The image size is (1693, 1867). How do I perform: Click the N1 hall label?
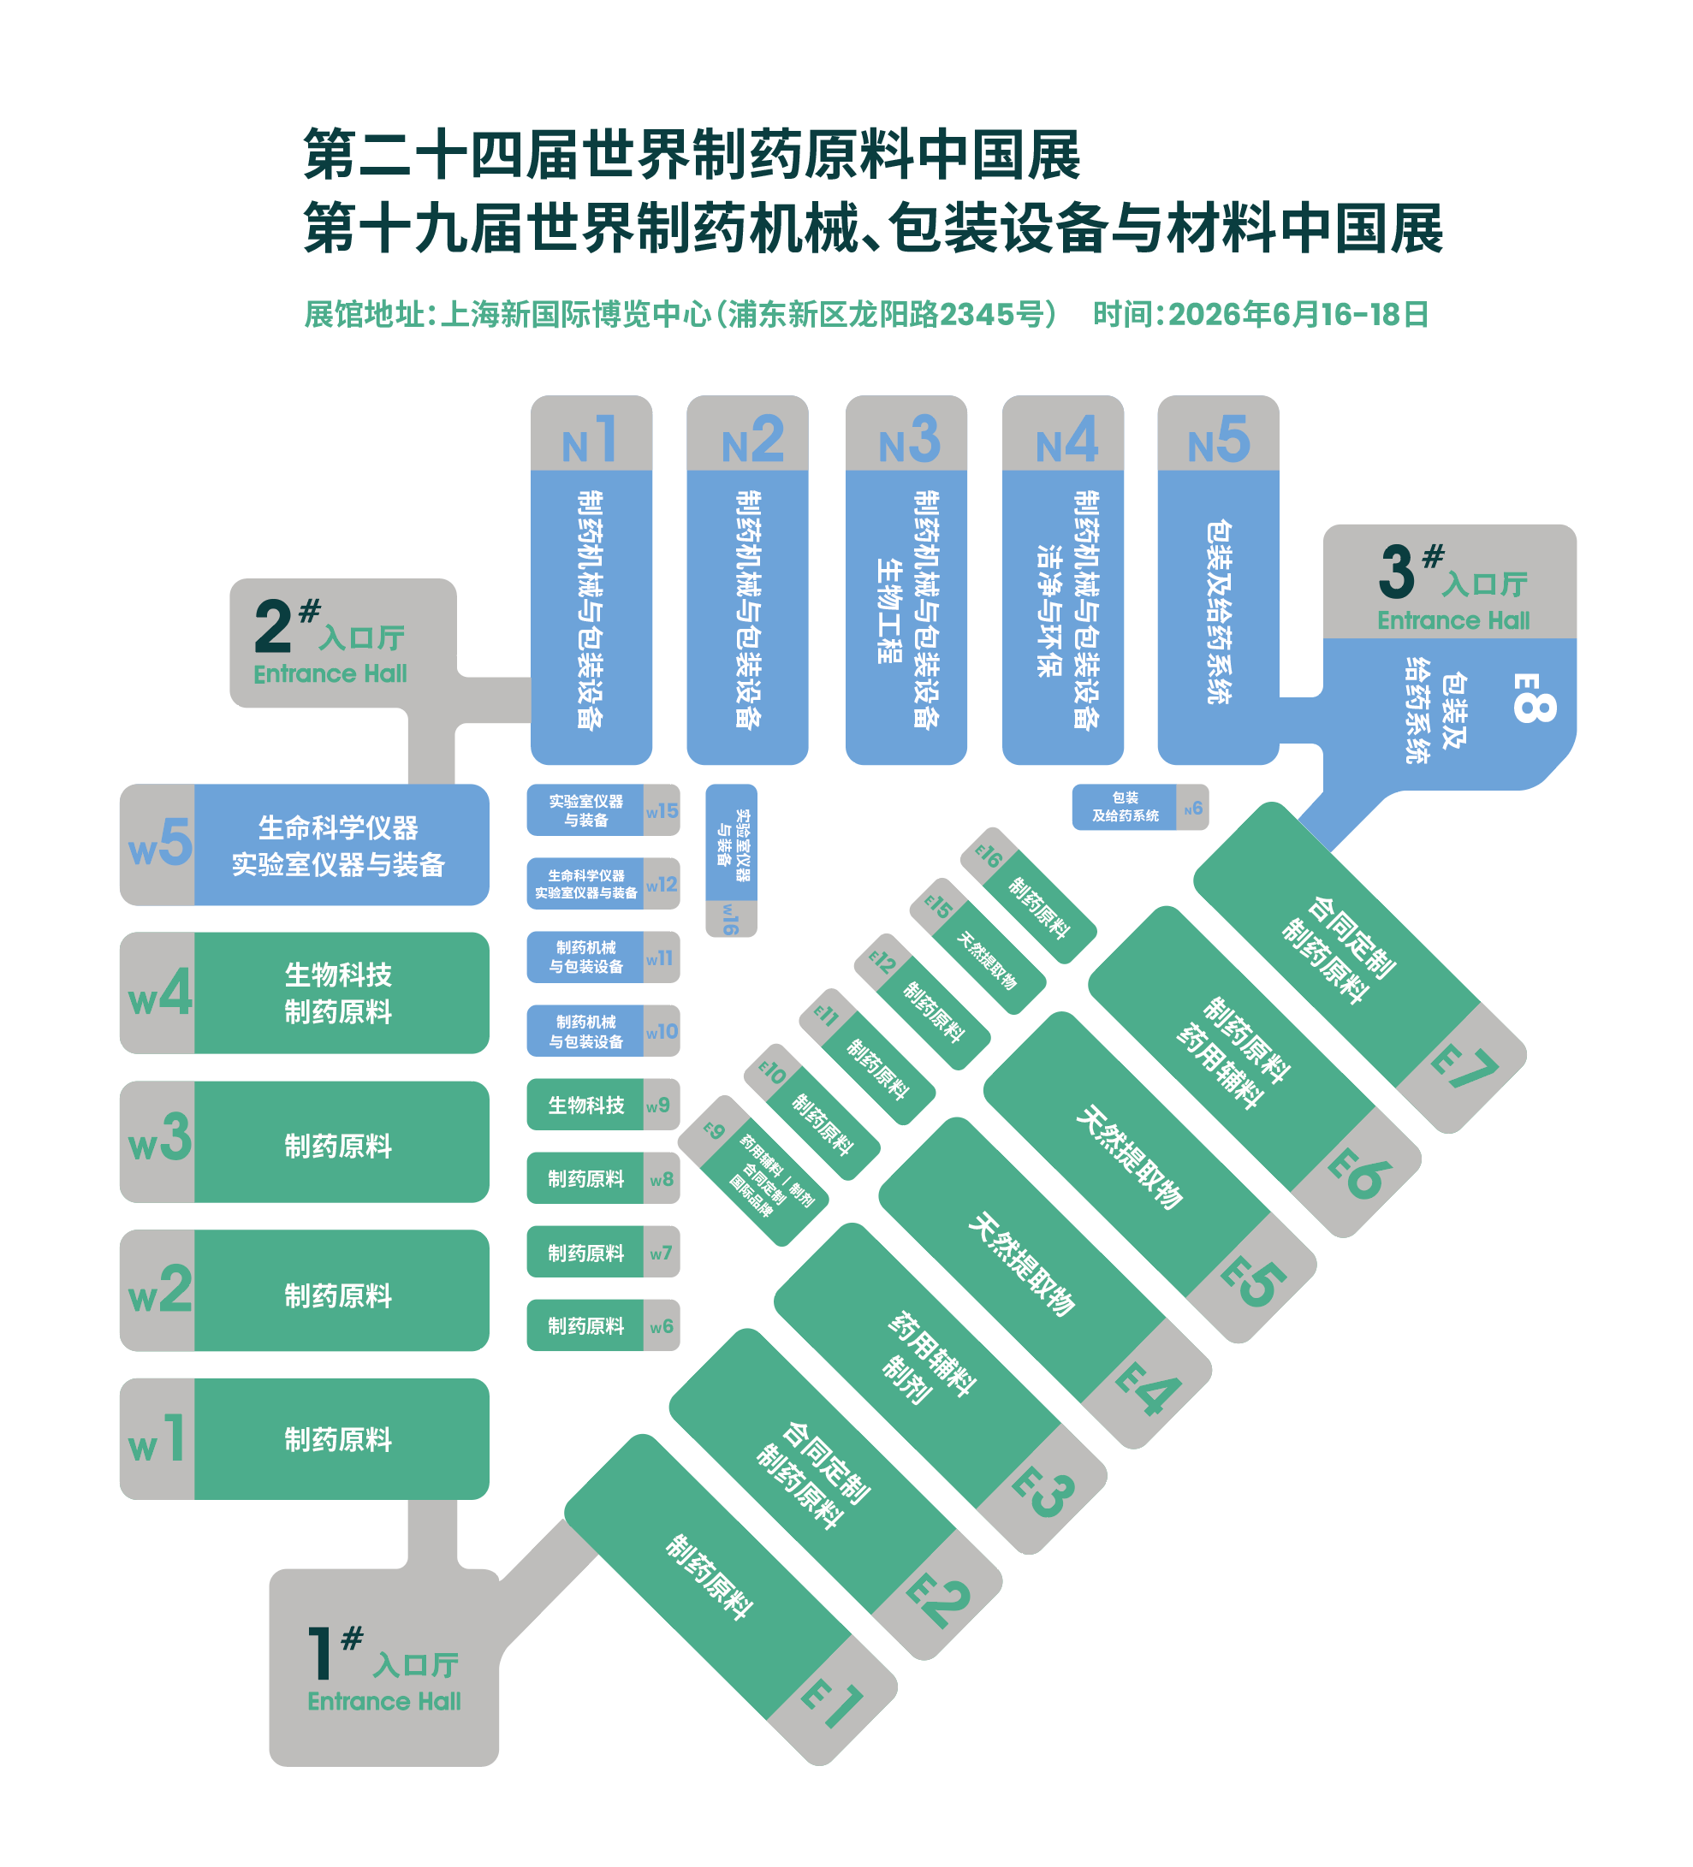click(589, 440)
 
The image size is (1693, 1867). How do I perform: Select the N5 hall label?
click(1218, 440)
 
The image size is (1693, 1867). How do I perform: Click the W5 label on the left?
click(159, 844)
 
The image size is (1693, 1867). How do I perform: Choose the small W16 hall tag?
click(731, 919)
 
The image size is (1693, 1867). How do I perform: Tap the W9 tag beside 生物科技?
click(658, 1105)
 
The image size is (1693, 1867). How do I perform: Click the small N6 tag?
click(1193, 809)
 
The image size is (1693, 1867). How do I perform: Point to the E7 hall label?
click(1464, 1067)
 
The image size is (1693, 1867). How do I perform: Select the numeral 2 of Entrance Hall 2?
click(273, 626)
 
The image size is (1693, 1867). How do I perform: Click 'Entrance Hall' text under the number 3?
click(1452, 620)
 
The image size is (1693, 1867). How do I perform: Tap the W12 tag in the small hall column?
click(662, 885)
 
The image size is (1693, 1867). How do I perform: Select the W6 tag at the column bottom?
click(662, 1326)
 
